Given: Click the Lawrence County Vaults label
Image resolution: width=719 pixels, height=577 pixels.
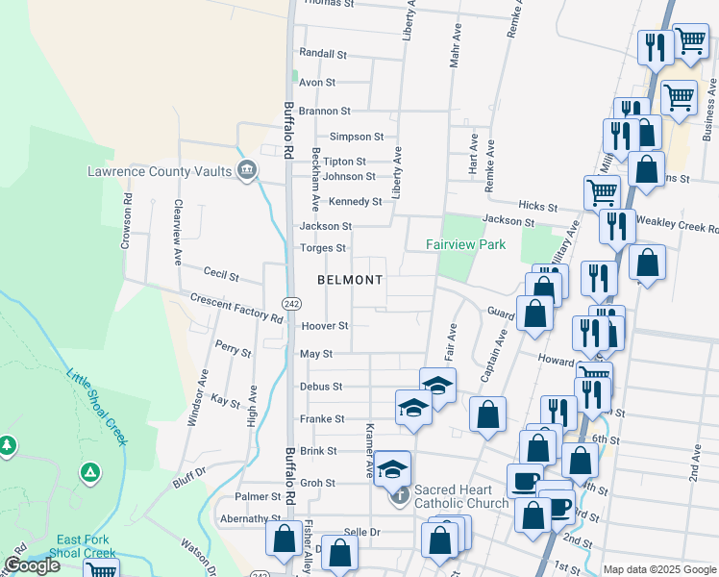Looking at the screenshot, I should [x=160, y=171].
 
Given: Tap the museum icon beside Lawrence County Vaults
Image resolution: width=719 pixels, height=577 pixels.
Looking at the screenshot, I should [x=248, y=171].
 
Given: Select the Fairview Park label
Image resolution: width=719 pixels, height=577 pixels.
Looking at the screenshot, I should [x=466, y=245].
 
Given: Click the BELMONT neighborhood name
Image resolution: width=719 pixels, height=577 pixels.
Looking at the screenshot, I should [x=350, y=280].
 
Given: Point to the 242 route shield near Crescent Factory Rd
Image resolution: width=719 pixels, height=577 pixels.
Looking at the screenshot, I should [x=290, y=303].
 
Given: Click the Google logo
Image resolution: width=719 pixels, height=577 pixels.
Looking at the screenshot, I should [x=32, y=565].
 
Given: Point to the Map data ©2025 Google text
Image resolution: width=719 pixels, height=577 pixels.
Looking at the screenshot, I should [x=658, y=569].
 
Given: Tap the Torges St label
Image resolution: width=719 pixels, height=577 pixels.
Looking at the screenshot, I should [x=322, y=248].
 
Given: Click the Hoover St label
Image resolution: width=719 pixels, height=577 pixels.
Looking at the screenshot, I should [x=324, y=326].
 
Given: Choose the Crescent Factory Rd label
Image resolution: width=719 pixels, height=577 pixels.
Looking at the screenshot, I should [x=236, y=310].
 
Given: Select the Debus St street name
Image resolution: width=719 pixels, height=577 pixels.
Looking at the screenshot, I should [x=321, y=387].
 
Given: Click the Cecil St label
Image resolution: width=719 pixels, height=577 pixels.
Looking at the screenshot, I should [x=221, y=275].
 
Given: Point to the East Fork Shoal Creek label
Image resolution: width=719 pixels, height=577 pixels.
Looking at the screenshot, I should [x=86, y=546].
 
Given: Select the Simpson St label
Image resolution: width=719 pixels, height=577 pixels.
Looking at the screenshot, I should [x=357, y=138].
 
